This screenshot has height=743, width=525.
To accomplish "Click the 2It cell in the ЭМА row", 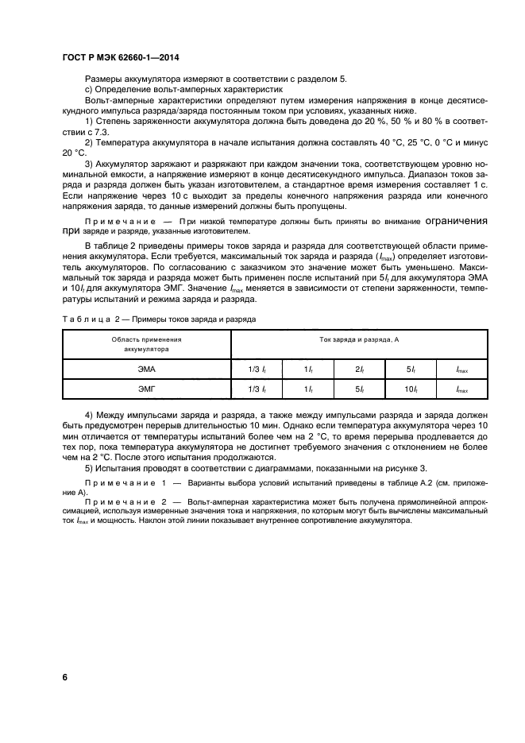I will pyautogui.click(x=359, y=370).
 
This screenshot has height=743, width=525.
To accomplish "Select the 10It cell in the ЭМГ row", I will pyautogui.click(x=411, y=389).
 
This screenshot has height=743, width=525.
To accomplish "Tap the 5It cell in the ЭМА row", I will pyautogui.click(x=411, y=370).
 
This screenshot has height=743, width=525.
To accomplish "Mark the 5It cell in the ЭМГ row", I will pyautogui.click(x=359, y=389).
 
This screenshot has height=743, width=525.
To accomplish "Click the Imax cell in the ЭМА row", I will pyautogui.click(x=461, y=370).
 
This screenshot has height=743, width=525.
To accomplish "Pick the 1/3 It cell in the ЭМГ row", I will pyautogui.click(x=257, y=389).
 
